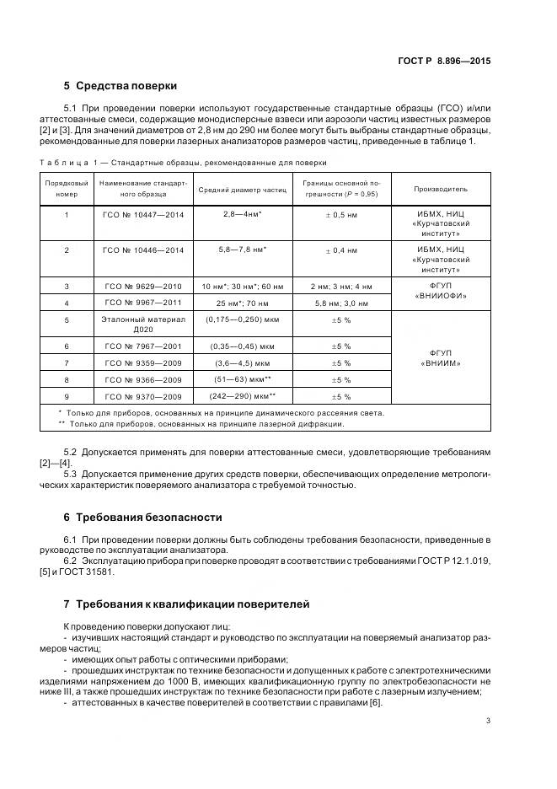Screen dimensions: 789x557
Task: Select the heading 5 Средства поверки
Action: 121,86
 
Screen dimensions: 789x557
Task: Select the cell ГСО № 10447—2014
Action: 142,215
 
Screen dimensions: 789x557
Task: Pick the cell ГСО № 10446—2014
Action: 142,250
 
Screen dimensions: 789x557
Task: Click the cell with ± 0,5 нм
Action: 341,215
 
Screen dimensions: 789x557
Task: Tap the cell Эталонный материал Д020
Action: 142,325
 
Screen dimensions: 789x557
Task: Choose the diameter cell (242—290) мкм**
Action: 240,395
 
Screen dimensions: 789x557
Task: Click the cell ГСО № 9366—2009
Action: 142,379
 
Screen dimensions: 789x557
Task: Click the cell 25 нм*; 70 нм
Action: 240,302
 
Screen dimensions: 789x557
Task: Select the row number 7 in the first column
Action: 67,362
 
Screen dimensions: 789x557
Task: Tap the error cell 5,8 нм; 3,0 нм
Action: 341,302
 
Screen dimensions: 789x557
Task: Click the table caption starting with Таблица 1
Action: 183,163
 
